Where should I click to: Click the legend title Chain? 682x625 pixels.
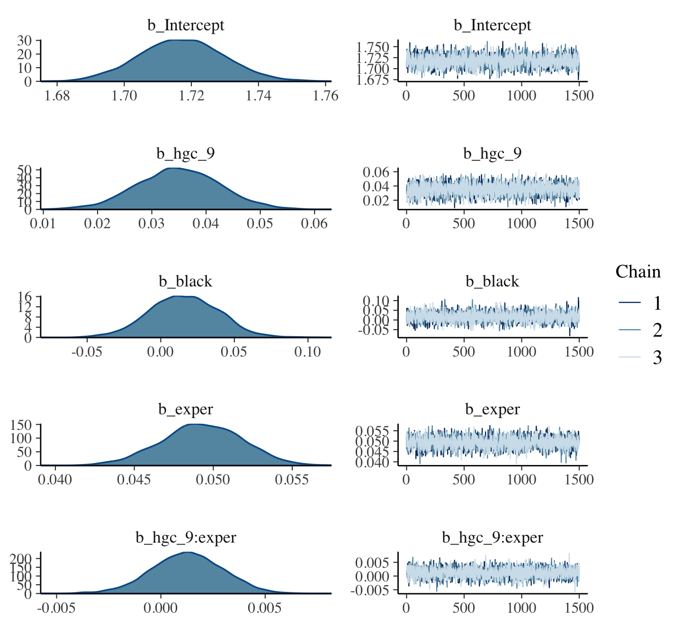638,272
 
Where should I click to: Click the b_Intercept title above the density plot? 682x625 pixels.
186,25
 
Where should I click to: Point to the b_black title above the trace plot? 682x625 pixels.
493,281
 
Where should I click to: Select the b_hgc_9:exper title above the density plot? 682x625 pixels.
186,537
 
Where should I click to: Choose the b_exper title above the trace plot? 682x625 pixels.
493,409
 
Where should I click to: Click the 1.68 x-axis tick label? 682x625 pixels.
56,96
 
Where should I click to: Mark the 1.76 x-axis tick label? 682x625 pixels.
325,96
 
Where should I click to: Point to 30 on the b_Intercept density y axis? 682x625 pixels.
25,40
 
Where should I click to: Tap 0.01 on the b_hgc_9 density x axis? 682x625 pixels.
43,223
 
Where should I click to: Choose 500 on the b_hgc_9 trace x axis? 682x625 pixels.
464,223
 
